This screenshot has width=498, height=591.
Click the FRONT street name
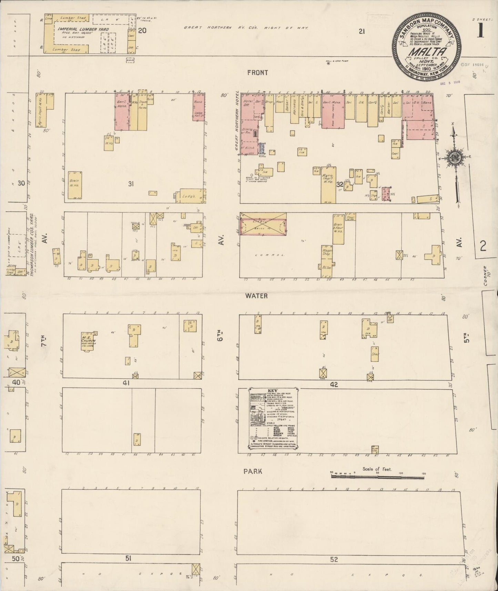coord(257,73)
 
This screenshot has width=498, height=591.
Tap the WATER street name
coord(256,296)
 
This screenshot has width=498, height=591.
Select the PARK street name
coord(253,471)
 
